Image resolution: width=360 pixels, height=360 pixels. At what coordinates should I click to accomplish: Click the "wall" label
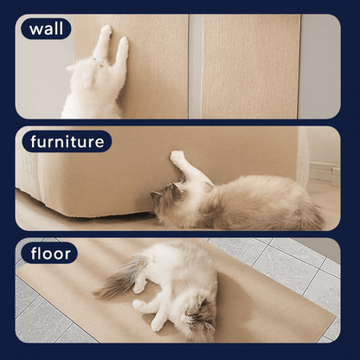click(46, 29)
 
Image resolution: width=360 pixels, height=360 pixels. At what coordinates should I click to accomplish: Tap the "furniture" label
click(67, 141)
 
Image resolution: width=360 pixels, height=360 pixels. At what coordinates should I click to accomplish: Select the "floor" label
click(49, 254)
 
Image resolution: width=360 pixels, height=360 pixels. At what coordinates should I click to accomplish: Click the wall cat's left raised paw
click(106, 30)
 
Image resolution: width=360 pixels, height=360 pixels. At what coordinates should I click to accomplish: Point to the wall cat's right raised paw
click(124, 42)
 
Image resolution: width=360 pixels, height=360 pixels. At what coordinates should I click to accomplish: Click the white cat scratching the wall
click(95, 78)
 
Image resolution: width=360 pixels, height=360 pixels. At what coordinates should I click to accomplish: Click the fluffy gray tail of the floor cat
click(119, 277)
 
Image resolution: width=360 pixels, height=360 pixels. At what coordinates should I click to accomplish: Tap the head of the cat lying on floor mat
click(199, 314)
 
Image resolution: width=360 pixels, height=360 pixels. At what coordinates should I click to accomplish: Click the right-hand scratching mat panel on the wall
click(250, 67)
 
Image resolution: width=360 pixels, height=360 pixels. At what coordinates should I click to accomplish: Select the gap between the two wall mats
click(196, 67)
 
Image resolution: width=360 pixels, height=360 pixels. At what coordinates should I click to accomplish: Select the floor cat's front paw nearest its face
click(157, 325)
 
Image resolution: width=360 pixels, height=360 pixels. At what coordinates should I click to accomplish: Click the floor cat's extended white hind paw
click(138, 305)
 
